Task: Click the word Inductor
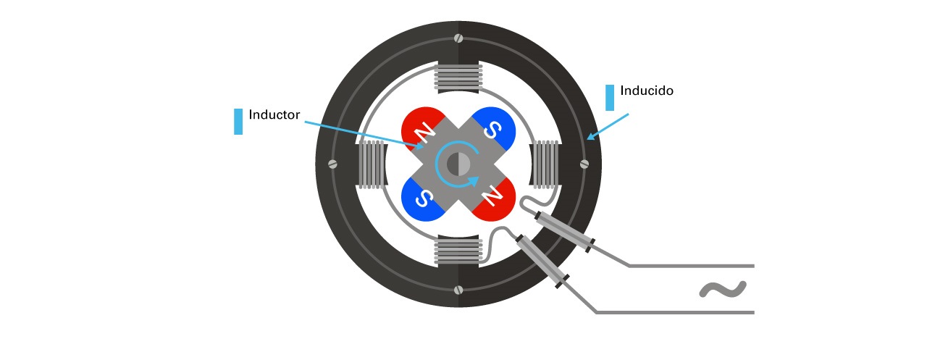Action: pyautogui.click(x=274, y=114)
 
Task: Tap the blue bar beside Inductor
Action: pyautogui.click(x=238, y=122)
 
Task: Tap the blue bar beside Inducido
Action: pyautogui.click(x=610, y=98)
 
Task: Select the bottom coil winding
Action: pyautogui.click(x=458, y=251)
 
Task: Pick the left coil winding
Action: pyautogui.click(x=372, y=164)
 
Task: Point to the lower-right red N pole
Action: pyautogui.click(x=496, y=198)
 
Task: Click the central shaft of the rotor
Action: pyautogui.click(x=458, y=164)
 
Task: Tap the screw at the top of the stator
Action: pyautogui.click(x=458, y=38)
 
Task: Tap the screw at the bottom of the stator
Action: pyautogui.click(x=458, y=290)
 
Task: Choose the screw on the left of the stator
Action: pyautogui.click(x=333, y=164)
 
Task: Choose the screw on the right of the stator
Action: pyautogui.click(x=584, y=164)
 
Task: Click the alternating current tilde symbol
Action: pyautogui.click(x=722, y=290)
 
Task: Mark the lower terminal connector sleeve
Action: pyautogui.click(x=542, y=262)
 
